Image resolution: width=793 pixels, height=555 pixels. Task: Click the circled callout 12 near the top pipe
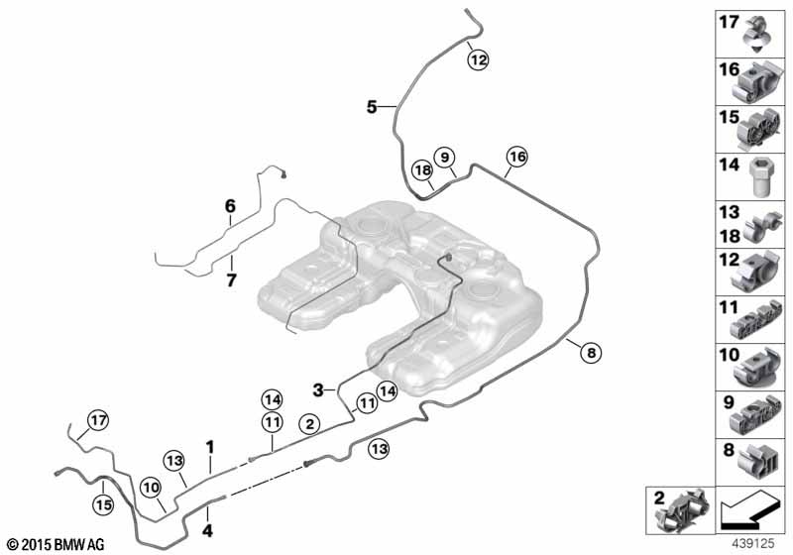click(x=479, y=59)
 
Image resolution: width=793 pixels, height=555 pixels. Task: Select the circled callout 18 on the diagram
click(x=422, y=170)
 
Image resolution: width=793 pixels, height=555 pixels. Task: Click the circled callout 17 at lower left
click(x=96, y=420)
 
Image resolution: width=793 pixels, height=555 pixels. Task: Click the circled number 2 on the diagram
click(x=309, y=423)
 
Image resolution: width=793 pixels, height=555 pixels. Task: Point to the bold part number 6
click(x=230, y=206)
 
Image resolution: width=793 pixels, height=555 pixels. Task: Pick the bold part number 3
click(x=318, y=388)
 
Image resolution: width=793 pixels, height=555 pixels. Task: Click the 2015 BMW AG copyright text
click(x=54, y=544)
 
